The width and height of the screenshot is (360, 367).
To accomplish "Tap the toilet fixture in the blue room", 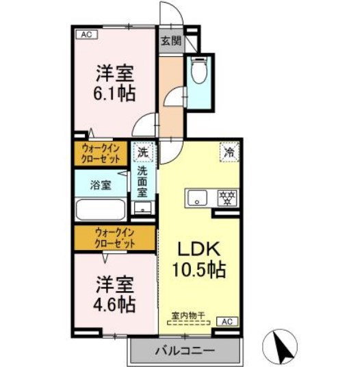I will pos(199,72).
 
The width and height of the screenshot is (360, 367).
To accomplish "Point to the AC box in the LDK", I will pos(227,321).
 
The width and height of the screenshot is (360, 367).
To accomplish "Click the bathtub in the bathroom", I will pos(99,208).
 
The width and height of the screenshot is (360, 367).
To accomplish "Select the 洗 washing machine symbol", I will pos(143,151).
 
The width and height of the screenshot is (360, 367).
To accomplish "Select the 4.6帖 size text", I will pos(114,302).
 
